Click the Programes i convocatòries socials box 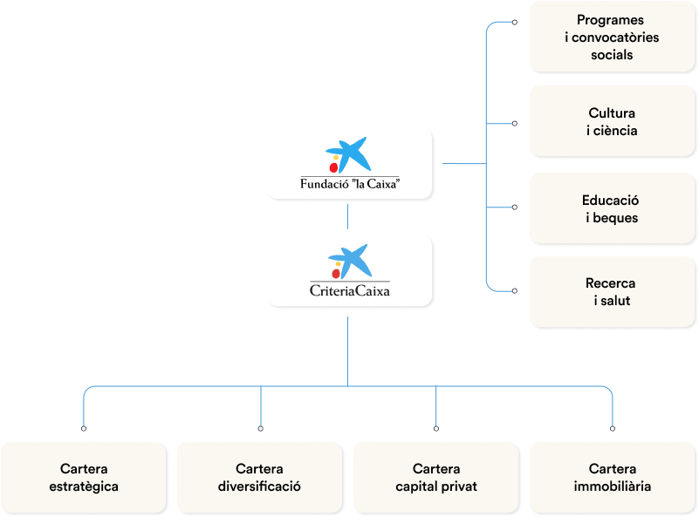click(612, 37)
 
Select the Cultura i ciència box click(612, 122)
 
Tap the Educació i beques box click(612, 208)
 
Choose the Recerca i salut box click(612, 292)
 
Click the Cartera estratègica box click(84, 477)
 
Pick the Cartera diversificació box click(259, 477)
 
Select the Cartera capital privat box click(435, 477)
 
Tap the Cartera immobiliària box click(612, 477)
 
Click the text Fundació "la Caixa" click(349, 184)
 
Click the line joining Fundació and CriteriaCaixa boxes click(347, 216)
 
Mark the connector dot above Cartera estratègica click(84, 428)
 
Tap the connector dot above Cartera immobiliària click(612, 428)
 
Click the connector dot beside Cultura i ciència click(514, 123)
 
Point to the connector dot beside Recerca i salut click(514, 290)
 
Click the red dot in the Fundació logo click(332, 167)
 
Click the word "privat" click(457, 486)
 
